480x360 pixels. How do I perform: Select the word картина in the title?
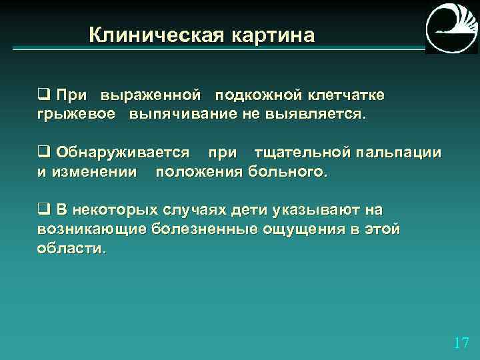(272, 35)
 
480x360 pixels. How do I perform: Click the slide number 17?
(460, 343)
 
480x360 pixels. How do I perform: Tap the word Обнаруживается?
(123, 153)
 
